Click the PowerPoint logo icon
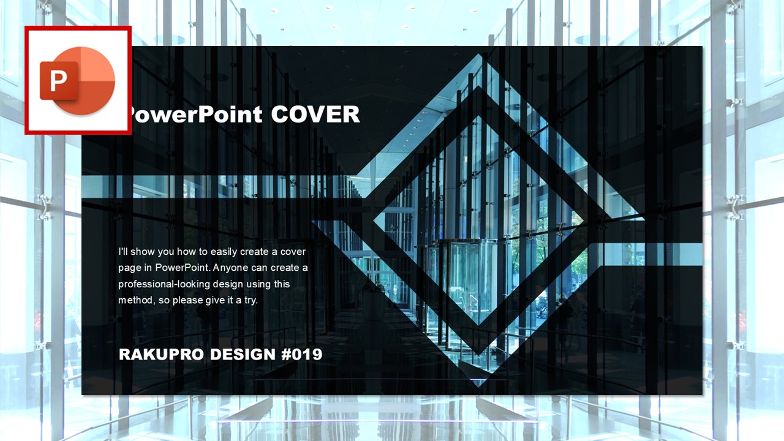(78, 80)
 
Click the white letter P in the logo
(58, 80)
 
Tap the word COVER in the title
(315, 114)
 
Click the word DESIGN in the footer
(243, 354)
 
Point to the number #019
(301, 354)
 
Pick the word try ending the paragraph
(251, 301)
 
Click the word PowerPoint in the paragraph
(183, 268)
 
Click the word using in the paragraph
(258, 284)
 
